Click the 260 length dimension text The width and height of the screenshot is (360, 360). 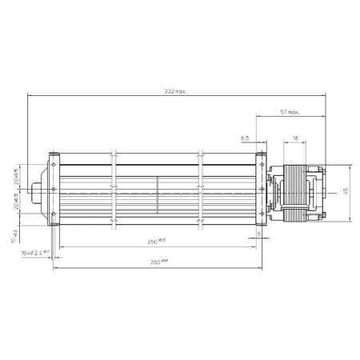click(159, 261)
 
